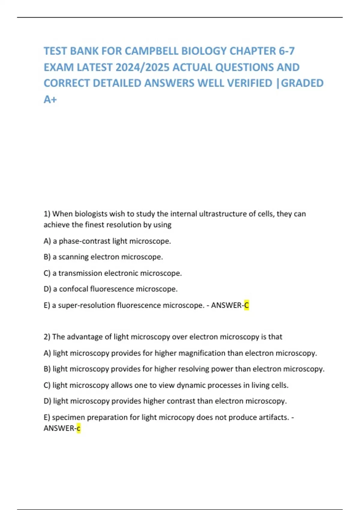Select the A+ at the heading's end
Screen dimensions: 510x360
50,99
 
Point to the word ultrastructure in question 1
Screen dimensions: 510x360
205,214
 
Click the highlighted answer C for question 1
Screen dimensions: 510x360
247,305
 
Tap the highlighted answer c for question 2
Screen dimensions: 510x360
79,428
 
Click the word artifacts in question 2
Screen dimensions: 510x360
272,417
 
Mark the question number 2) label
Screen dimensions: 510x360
47,337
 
